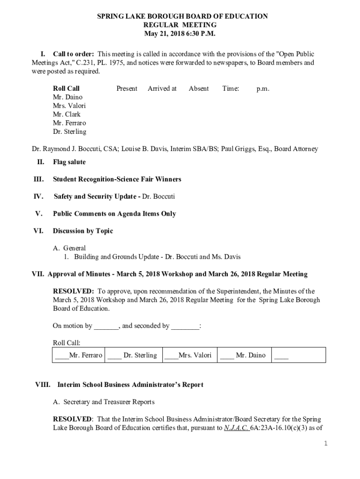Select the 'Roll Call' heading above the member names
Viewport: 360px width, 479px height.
66,88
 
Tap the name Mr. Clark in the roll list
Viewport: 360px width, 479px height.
66,114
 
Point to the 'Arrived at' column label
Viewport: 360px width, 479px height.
162,88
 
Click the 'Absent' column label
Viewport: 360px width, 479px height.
199,88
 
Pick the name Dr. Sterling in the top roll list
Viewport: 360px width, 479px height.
70,131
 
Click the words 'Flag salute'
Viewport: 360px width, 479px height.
69,162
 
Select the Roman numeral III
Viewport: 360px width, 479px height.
38,179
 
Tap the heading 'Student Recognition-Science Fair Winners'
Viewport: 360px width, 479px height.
117,179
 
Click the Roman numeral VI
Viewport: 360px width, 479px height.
38,231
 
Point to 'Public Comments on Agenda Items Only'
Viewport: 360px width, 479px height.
115,214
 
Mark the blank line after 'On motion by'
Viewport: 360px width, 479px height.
106,327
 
